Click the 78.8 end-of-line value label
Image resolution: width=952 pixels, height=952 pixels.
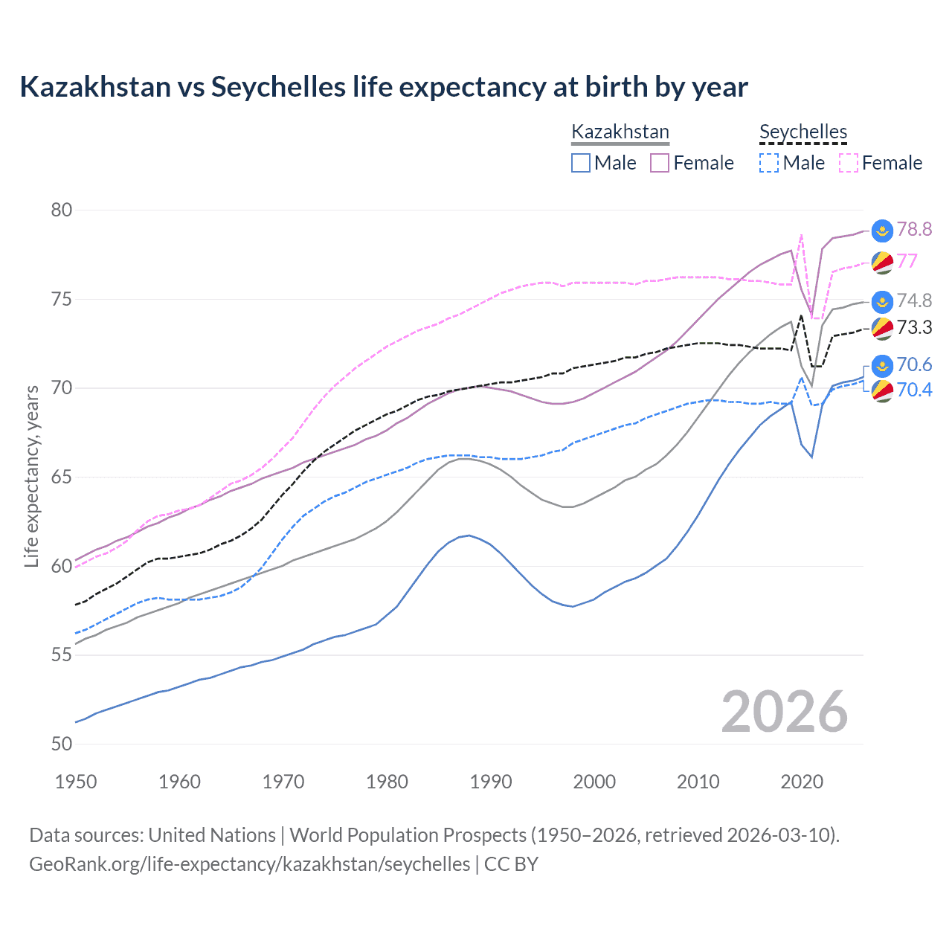914,229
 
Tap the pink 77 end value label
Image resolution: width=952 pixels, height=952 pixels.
907,261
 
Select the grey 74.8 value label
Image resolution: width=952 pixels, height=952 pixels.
914,300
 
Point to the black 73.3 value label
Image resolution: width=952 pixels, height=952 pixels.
914,327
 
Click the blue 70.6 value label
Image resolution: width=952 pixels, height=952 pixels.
914,364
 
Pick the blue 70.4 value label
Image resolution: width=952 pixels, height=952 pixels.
914,390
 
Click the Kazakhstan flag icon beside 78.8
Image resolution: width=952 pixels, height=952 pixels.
882,230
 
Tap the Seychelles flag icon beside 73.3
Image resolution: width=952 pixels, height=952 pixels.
882,327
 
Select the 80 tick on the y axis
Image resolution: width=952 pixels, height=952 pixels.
62,210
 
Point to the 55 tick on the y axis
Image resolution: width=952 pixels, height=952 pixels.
62,655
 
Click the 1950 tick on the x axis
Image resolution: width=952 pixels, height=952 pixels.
76,782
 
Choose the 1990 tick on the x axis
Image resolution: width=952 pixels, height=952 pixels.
491,782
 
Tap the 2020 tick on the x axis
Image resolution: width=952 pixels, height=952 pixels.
802,782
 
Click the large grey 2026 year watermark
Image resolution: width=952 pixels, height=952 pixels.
785,712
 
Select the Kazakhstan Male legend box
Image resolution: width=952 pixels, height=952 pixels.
581,163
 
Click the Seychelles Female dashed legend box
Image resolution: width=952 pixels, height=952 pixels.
849,163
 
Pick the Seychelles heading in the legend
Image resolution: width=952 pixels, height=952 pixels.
803,132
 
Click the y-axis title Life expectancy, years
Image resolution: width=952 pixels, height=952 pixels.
31,476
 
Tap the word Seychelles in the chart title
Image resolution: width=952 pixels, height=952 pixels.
278,87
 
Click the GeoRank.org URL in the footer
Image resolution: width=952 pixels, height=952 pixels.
249,864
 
